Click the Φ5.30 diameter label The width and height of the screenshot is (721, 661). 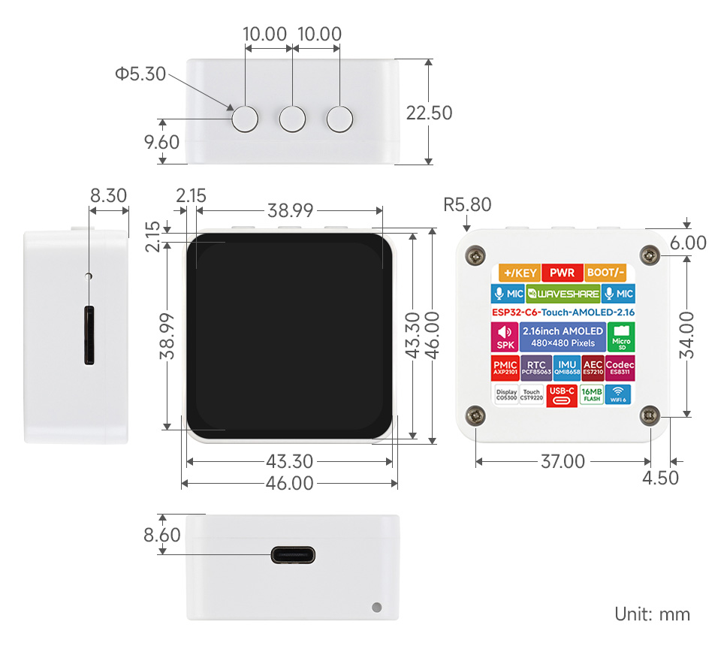[x=140, y=74]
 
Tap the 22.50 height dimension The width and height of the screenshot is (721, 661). [x=429, y=113]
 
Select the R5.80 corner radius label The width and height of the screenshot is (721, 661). [x=467, y=204]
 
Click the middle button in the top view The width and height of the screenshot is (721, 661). [x=292, y=119]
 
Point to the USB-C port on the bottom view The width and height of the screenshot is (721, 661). [x=293, y=556]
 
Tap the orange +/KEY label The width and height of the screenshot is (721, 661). [x=516, y=273]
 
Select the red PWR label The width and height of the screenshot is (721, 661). [x=562, y=273]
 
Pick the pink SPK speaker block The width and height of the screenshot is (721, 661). [x=502, y=337]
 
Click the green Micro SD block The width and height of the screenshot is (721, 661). [x=621, y=336]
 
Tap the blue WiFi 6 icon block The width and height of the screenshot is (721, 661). [x=618, y=394]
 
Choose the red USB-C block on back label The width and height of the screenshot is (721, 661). [x=562, y=394]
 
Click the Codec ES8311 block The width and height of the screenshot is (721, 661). [x=620, y=367]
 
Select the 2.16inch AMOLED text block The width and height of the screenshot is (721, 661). [x=562, y=337]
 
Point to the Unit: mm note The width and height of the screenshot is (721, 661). [x=652, y=614]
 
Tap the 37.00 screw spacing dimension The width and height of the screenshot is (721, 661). [x=563, y=461]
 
